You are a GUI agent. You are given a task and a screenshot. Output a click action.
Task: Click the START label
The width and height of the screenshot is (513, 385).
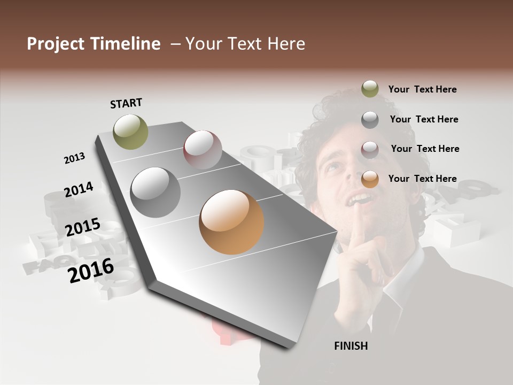click(126, 103)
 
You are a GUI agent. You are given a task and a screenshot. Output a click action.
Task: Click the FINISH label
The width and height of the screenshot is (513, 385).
click(351, 346)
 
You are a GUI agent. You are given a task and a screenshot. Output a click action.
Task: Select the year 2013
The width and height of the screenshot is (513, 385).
click(75, 158)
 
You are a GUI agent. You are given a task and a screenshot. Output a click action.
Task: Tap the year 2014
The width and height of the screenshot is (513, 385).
click(79, 189)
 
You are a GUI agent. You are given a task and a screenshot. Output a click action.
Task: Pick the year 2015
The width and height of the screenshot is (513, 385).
click(83, 227)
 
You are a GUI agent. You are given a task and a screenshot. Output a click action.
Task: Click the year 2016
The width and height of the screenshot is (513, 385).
click(91, 270)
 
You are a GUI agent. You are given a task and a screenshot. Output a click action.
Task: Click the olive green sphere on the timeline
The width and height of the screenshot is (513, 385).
click(131, 132)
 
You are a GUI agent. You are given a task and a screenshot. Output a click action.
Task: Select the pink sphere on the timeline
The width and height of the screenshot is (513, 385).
click(203, 150)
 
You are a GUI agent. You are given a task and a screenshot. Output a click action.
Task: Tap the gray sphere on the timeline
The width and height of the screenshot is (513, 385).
click(156, 192)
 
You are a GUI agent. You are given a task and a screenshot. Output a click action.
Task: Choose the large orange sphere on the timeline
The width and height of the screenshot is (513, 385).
click(231, 222)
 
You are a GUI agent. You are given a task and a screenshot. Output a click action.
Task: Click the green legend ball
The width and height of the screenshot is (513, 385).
click(370, 89)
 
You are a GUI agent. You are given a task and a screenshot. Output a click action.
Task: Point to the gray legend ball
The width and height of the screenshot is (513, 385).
click(370, 120)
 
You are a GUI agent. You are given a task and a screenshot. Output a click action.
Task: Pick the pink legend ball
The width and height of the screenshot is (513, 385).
click(370, 149)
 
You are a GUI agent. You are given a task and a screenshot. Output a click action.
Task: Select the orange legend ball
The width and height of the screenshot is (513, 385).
click(370, 179)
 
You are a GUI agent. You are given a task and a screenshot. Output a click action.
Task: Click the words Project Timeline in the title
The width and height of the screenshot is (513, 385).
click(94, 44)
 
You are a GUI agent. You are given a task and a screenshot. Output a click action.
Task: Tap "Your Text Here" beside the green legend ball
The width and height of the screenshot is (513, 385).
click(422, 89)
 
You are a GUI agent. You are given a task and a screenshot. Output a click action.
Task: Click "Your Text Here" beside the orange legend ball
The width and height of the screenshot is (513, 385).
click(422, 179)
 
